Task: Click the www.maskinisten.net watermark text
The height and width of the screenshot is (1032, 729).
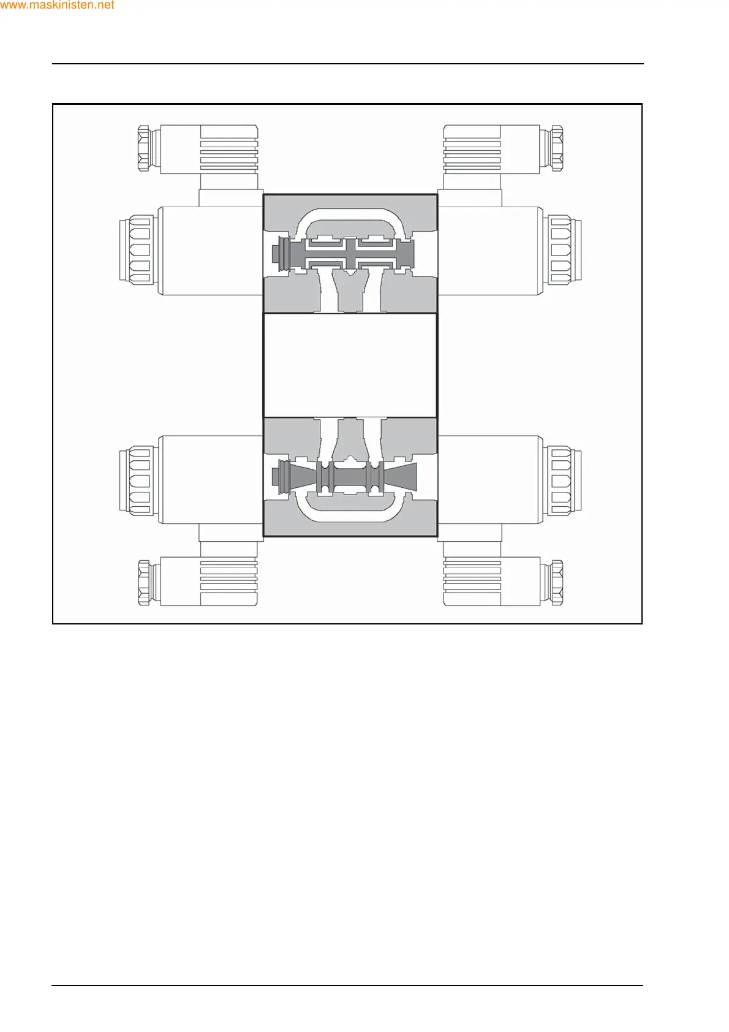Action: point(58,6)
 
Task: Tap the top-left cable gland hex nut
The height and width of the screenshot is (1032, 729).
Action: point(144,148)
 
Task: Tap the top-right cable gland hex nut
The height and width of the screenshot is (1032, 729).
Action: point(557,148)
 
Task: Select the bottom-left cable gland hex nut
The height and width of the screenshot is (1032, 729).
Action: point(144,582)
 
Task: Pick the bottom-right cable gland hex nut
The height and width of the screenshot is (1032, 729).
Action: point(557,582)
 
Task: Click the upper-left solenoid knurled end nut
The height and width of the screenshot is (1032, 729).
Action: point(137,250)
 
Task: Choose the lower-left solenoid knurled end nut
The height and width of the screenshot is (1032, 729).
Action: point(137,480)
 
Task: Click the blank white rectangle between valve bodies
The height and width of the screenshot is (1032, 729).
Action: point(350,365)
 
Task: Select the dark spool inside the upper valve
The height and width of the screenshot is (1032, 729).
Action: point(349,253)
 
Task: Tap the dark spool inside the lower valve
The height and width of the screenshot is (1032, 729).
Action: point(349,477)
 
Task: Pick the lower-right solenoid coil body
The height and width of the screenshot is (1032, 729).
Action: point(490,480)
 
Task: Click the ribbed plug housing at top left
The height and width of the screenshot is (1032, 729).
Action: point(229,150)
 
